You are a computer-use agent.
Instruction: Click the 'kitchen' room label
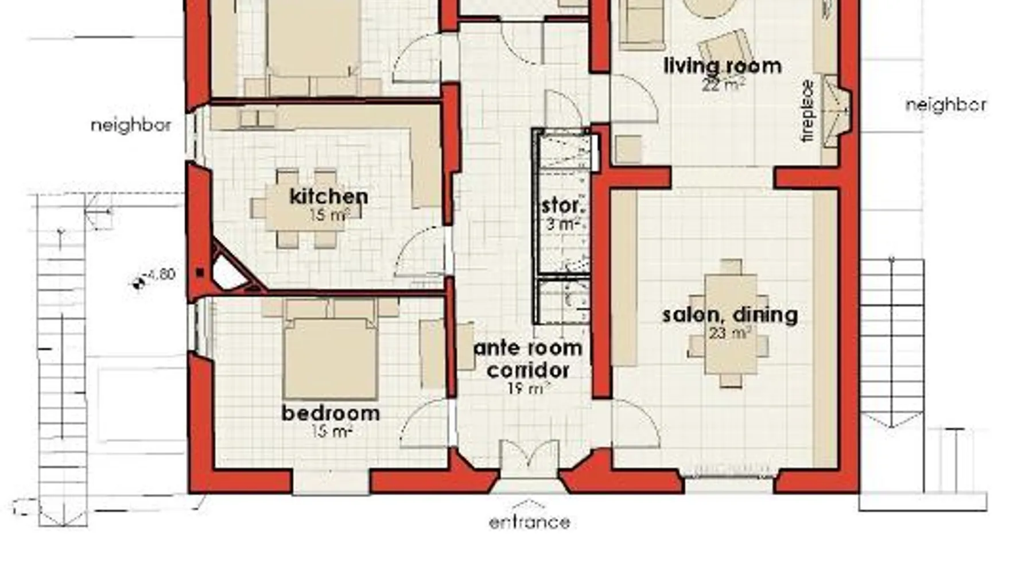(329, 196)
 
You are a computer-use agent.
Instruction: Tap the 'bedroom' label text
(331, 413)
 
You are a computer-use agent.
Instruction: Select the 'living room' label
(723, 66)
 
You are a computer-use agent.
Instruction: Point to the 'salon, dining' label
(730, 315)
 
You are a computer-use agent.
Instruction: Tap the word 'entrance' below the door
(530, 522)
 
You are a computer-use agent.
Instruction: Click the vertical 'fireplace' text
(807, 111)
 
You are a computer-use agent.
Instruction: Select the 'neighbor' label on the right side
(946, 105)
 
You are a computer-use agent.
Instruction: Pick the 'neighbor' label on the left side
(131, 125)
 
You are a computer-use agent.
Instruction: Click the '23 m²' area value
(730, 333)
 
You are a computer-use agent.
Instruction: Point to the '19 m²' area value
(529, 389)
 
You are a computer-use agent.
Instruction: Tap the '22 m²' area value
(723, 84)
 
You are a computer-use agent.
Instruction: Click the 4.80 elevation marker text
(161, 275)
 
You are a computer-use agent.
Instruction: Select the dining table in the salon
(730, 323)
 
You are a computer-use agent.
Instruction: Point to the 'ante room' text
(528, 348)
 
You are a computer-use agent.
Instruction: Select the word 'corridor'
(528, 370)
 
